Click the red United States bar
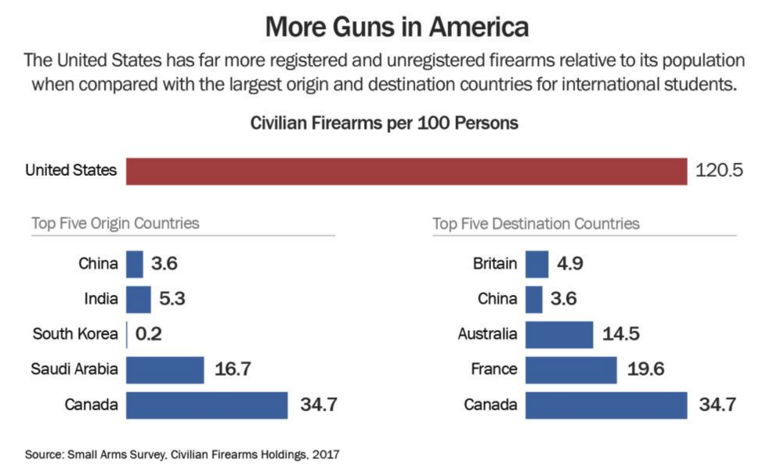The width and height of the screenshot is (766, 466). click(406, 170)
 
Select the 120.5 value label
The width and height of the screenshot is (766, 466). click(719, 170)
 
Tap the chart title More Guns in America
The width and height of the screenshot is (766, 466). click(397, 27)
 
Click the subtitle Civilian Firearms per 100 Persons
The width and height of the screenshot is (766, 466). click(384, 123)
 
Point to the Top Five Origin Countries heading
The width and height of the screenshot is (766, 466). click(115, 223)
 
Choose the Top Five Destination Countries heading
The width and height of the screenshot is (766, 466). click(536, 224)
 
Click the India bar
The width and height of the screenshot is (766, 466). click(139, 299)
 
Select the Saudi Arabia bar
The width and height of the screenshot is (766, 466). click(165, 370)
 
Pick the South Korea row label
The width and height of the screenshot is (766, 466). click(75, 334)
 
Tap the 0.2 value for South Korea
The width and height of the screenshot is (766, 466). click(148, 334)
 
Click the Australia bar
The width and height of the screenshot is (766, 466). click(558, 334)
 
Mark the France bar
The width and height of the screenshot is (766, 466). click(571, 370)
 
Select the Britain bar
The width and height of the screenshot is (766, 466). click(537, 264)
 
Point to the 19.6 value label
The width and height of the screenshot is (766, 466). click(646, 370)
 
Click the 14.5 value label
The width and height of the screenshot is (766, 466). click(621, 334)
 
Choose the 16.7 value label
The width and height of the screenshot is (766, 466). click(233, 370)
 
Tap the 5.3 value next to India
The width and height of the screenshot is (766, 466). click(171, 299)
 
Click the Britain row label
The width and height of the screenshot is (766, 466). click(496, 264)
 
